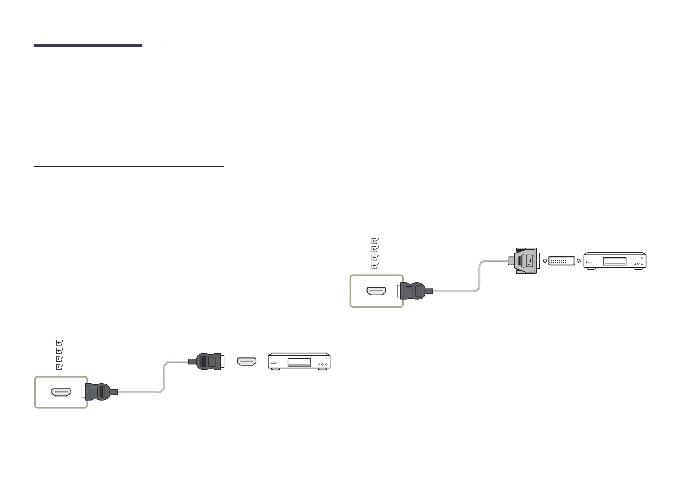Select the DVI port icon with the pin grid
tap(562, 261)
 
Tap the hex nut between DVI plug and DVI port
tap(544, 261)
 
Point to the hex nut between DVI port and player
tap(579, 261)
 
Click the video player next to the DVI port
tap(615, 261)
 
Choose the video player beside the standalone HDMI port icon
tap(299, 361)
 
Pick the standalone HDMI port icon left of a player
tap(247, 361)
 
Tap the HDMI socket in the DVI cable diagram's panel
tap(376, 291)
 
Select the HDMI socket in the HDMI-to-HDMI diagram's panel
tap(61, 392)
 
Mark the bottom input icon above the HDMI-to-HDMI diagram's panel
tap(59, 367)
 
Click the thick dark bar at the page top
tap(88, 46)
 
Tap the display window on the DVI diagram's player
tap(615, 261)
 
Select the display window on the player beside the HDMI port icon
tap(299, 363)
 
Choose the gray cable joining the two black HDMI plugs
tap(164, 376)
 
